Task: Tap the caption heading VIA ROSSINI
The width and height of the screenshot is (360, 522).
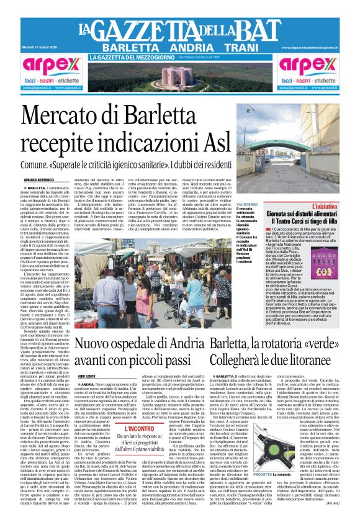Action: click(246, 204)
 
